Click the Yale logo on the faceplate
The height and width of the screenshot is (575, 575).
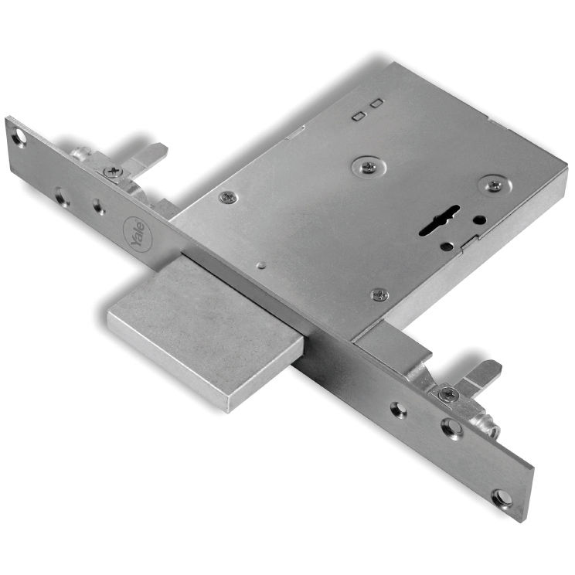coord(138,233)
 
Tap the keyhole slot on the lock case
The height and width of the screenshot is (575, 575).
coord(438,219)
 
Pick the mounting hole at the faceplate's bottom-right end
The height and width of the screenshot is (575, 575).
coord(502,498)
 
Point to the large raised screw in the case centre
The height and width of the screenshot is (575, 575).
coord(369,167)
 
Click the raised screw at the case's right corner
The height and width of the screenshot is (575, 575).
coord(495,185)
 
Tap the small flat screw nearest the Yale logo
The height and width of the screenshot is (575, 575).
coord(228,197)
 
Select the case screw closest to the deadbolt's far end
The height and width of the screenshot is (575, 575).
coord(380,294)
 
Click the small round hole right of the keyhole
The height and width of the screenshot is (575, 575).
coord(479,220)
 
